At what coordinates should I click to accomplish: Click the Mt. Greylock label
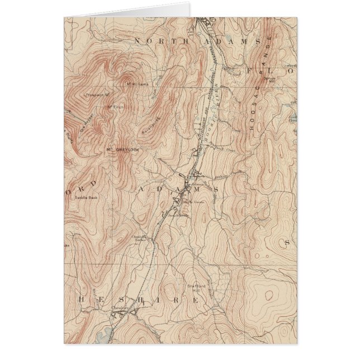click(121, 150)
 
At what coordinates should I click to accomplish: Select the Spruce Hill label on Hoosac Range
click(273, 79)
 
